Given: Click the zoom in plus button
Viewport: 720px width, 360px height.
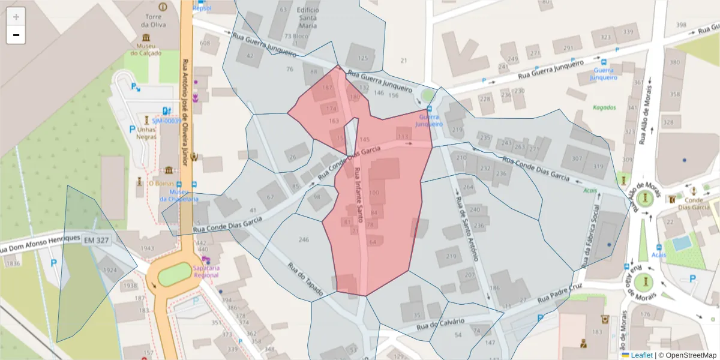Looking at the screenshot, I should pos(16,17).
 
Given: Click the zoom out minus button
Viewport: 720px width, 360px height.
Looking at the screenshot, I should pos(16,35).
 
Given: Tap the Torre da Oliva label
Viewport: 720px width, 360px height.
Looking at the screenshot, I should pos(152,21).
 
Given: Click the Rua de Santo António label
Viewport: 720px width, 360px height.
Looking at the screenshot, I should pos(466,229).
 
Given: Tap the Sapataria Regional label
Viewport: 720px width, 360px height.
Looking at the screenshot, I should pos(206,271).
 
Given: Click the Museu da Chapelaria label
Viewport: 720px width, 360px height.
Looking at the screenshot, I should pos(179,196).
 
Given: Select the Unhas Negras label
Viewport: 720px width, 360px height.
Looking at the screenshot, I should pos(146,134).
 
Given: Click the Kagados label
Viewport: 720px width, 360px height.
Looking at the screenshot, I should pos(604,107).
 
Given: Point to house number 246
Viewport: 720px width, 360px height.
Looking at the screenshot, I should pos(304,239).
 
